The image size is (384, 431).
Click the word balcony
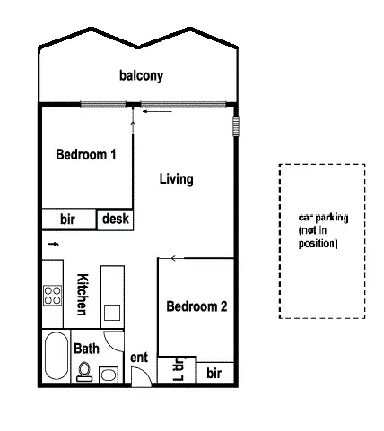[141, 76]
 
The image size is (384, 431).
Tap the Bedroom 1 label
[86, 154]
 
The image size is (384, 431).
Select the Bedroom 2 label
[196, 306]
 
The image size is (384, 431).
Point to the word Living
[176, 179]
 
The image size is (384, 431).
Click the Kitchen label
[81, 295]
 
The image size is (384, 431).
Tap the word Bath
[86, 348]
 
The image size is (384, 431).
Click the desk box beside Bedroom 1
[116, 218]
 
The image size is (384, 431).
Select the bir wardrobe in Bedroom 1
[67, 219]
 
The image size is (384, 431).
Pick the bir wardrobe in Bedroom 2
[214, 371]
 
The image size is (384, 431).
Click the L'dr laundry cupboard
[177, 370]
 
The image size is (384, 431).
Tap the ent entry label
[139, 358]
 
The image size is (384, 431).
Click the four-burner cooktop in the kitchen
[51, 295]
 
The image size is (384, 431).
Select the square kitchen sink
[113, 313]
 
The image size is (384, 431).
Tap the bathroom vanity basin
[109, 374]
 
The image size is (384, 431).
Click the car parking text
[322, 230]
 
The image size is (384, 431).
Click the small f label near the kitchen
[53, 243]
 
